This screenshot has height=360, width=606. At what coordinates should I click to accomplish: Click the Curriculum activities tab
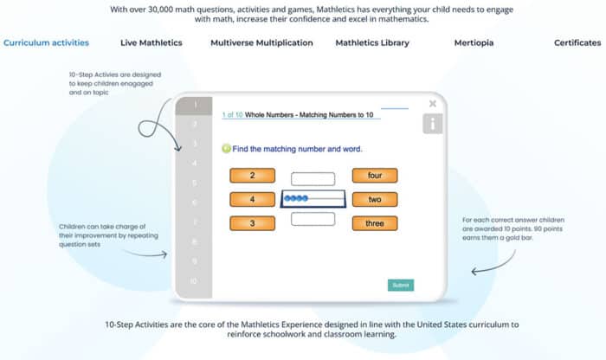[x=46, y=42]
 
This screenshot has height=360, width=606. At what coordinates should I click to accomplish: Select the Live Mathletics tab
[x=151, y=42]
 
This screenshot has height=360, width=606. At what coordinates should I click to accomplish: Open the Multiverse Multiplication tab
[x=261, y=42]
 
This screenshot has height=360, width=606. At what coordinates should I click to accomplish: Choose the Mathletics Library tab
[x=372, y=42]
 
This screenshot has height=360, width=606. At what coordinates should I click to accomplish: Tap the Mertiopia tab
[x=474, y=42]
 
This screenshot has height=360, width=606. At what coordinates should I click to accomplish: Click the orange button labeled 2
[x=252, y=176]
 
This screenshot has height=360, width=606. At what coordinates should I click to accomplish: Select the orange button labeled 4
[x=252, y=200]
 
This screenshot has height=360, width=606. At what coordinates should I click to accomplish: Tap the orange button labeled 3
[x=252, y=223]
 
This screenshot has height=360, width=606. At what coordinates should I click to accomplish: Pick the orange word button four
[x=375, y=176]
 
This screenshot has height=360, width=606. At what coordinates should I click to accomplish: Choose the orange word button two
[x=375, y=200]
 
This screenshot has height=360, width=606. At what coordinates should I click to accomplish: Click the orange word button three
[x=375, y=223]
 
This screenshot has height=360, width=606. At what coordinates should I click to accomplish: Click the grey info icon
[x=432, y=124]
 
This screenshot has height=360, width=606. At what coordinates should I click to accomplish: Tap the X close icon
[x=433, y=104]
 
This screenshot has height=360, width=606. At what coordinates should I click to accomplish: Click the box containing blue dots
[x=313, y=200]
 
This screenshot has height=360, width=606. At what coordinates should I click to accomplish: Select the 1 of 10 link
[x=232, y=114]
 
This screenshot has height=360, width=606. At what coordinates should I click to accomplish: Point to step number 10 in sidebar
[x=194, y=281]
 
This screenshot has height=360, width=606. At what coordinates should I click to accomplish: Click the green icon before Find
[x=227, y=148]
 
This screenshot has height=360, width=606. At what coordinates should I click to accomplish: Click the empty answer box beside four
[x=313, y=179]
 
